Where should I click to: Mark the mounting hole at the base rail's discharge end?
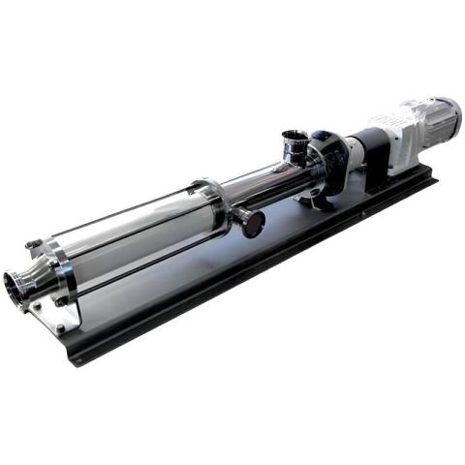[x=60, y=329]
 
